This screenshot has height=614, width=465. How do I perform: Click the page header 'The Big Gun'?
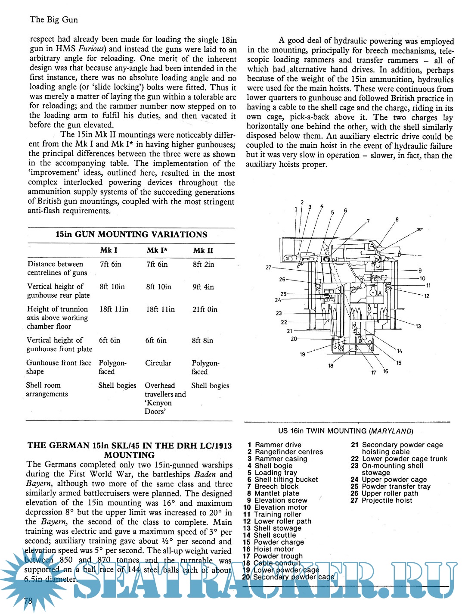tap(54, 19)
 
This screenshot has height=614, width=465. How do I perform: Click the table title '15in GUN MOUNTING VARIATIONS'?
tap(131, 235)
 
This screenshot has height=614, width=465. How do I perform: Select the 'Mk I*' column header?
tap(157, 250)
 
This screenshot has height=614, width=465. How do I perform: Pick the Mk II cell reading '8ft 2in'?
tap(203, 264)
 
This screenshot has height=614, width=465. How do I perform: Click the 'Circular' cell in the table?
tap(158, 363)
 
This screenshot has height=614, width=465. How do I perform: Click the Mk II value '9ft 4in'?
tap(203, 287)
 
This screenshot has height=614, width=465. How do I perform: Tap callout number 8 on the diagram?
tap(397, 220)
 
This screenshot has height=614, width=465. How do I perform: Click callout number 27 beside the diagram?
tap(268, 268)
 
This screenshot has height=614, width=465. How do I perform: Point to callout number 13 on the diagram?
tap(418, 326)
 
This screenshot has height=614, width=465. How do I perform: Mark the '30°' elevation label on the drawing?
tap(419, 230)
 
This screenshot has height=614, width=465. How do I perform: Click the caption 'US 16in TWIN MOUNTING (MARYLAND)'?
tap(346, 431)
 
